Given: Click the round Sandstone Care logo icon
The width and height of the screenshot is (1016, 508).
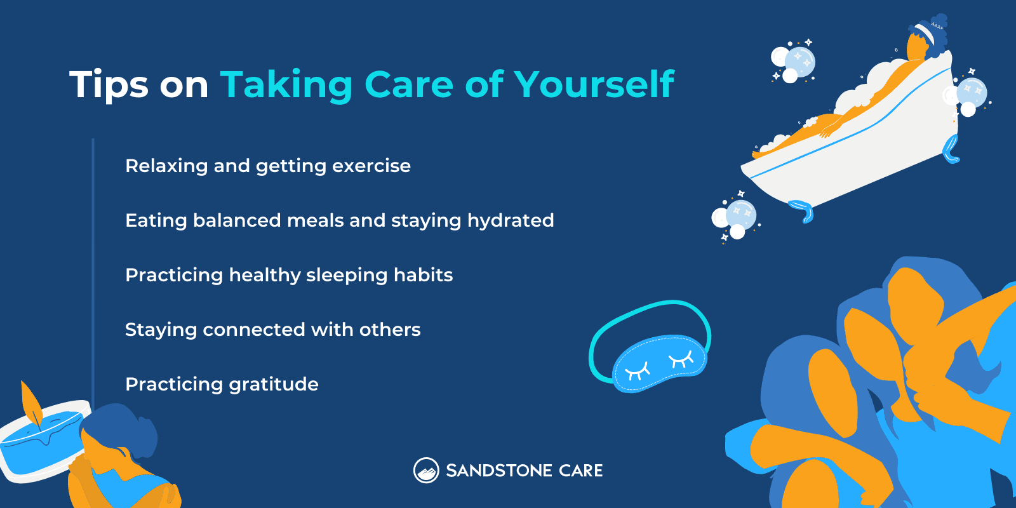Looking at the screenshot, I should pos(426,471).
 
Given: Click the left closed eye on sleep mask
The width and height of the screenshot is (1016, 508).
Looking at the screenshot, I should pos(637,369).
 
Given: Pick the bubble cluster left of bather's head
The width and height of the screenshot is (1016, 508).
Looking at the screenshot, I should pos(793,62).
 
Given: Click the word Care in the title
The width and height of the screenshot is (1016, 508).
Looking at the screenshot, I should pos(408,84).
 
